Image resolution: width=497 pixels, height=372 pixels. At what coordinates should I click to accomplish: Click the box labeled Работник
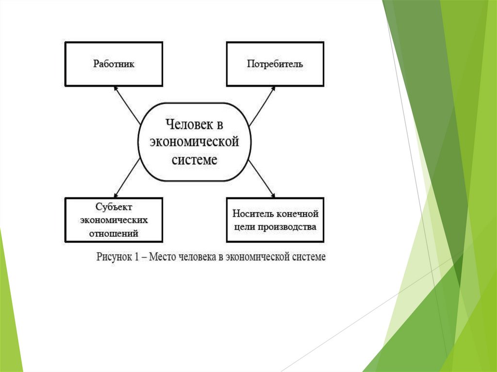click(114, 64)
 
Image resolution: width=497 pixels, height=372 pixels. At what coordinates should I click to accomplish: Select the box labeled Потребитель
click(275, 64)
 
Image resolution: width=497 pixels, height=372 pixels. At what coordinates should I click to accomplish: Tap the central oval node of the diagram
click(195, 142)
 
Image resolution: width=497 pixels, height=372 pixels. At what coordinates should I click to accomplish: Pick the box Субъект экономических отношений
click(114, 220)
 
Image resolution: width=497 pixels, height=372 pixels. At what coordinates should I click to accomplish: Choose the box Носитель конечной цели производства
click(275, 220)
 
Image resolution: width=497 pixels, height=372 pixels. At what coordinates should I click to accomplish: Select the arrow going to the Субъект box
click(127, 179)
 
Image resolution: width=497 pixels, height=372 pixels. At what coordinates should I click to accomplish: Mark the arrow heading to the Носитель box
click(263, 179)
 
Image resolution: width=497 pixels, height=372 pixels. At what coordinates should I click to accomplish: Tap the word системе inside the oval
click(195, 160)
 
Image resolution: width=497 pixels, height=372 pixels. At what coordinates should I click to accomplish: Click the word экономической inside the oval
click(195, 143)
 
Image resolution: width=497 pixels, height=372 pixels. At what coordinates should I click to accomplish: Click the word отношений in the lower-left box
click(114, 233)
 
